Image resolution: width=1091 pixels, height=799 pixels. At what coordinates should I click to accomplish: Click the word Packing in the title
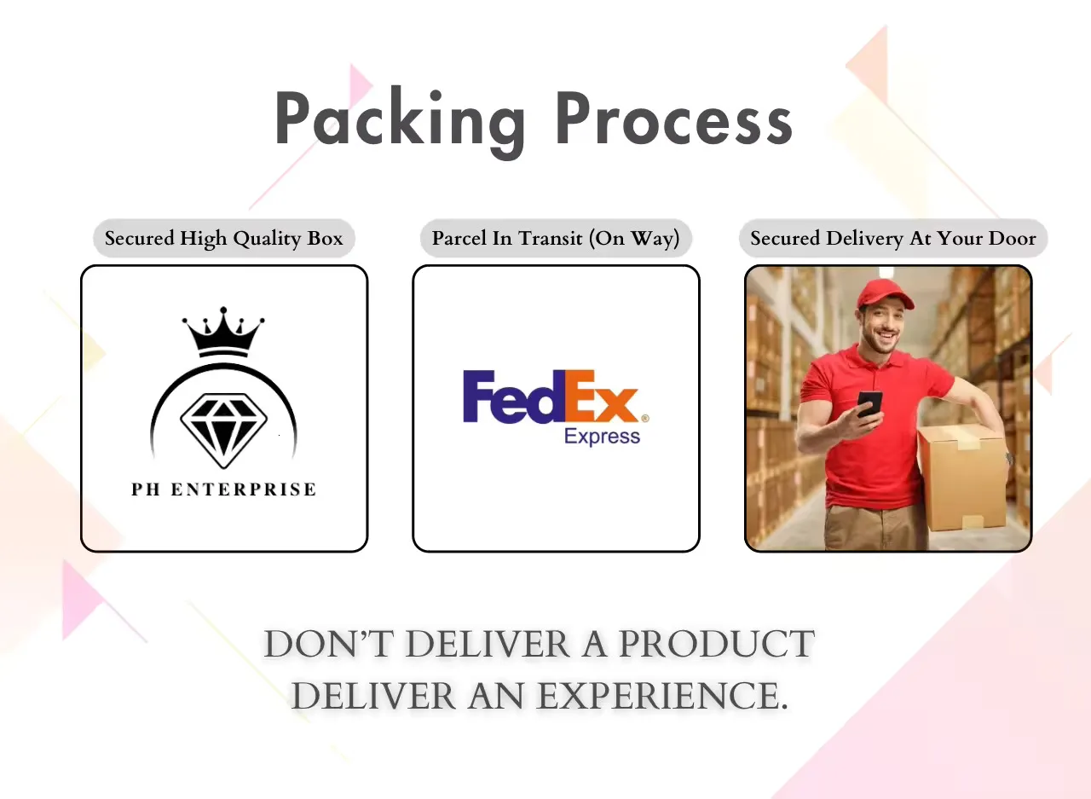pyautogui.click(x=401, y=122)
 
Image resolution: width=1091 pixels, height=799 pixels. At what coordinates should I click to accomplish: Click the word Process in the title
pyautogui.click(x=674, y=119)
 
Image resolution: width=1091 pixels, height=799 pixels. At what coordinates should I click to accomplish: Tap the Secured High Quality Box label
pyautogui.click(x=224, y=238)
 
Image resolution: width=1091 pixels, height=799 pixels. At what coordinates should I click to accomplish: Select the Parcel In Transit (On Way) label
pyautogui.click(x=556, y=238)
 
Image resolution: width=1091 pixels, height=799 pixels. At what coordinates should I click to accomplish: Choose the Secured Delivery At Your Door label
pyautogui.click(x=893, y=238)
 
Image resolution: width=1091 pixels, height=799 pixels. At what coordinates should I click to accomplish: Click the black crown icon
pyautogui.click(x=223, y=332)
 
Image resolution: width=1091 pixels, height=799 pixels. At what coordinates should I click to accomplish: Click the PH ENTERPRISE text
pyautogui.click(x=223, y=489)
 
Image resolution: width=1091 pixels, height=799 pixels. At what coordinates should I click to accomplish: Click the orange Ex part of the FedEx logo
pyautogui.click(x=602, y=396)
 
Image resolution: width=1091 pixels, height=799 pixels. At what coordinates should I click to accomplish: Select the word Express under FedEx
pyautogui.click(x=602, y=437)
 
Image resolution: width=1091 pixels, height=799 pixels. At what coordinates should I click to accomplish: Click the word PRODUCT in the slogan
pyautogui.click(x=716, y=644)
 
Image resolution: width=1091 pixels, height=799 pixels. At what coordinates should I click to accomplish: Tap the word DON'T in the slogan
pyautogui.click(x=329, y=644)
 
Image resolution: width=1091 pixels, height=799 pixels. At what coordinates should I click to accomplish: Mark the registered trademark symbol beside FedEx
pyautogui.click(x=645, y=418)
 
